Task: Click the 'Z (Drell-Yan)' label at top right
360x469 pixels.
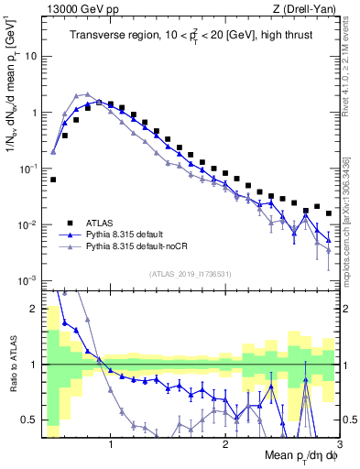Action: coord(309,9)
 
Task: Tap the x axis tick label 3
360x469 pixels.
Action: coord(339,442)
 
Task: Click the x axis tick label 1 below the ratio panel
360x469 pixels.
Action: coord(111,442)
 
